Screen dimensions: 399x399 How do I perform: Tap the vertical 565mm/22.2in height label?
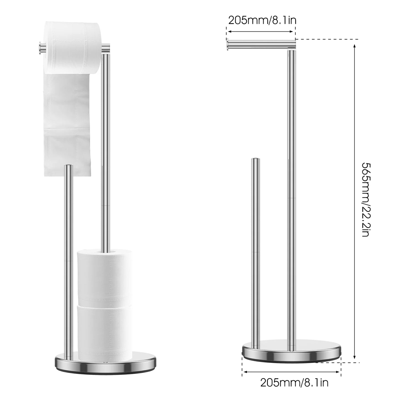(x=368, y=200)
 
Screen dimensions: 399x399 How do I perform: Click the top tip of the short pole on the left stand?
(x=68, y=166)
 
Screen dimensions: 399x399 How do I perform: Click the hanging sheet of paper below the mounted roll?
(x=67, y=124)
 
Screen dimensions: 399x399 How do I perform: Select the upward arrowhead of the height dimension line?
(x=355, y=46)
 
